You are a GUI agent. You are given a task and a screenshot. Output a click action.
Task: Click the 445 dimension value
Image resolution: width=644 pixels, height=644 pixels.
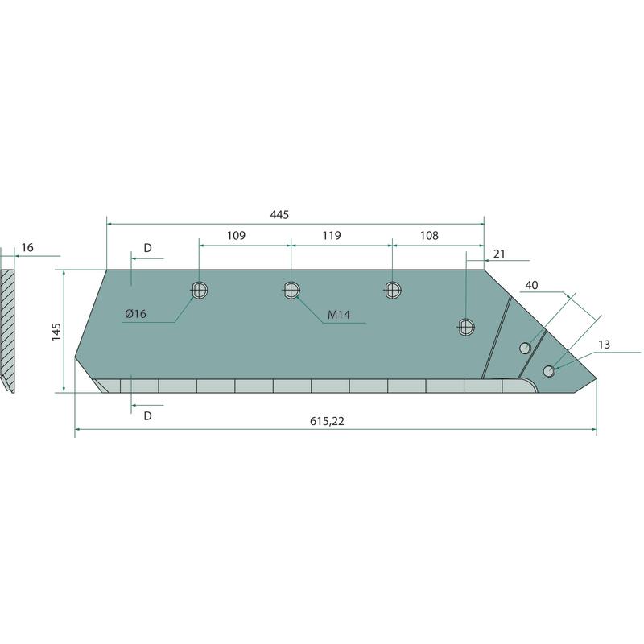pyautogui.click(x=279, y=214)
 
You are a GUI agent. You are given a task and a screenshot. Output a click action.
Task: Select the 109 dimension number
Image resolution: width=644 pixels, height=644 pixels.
pyautogui.click(x=236, y=235)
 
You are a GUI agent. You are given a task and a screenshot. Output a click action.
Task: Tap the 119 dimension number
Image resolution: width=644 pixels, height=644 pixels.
pyautogui.click(x=332, y=235)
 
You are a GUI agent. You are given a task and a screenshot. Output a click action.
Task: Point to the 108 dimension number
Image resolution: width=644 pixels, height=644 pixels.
pyautogui.click(x=429, y=235)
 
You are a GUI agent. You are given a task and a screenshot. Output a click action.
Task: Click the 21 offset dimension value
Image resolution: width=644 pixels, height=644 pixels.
pyautogui.click(x=499, y=254)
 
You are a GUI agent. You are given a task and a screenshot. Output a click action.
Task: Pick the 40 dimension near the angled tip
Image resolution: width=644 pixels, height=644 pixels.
pyautogui.click(x=531, y=285)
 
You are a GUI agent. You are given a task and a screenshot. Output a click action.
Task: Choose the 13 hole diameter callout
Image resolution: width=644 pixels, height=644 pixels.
pyautogui.click(x=604, y=345)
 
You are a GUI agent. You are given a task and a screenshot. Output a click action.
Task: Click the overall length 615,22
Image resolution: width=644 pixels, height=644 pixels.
pyautogui.click(x=327, y=421)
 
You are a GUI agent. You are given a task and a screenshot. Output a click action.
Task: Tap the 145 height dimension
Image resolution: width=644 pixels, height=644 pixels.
pyautogui.click(x=56, y=332)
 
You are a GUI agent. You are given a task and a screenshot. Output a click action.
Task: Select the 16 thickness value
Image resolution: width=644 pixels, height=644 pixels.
pyautogui.click(x=27, y=248)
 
